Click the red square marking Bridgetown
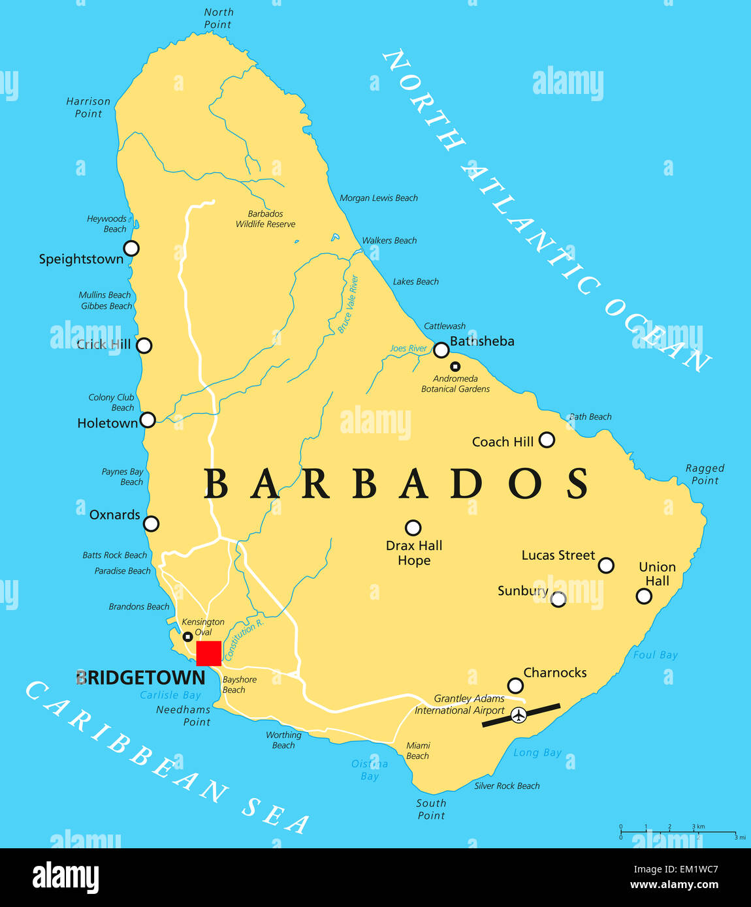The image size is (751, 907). point(209,653)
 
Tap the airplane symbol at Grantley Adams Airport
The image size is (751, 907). point(519,715)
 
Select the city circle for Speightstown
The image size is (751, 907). point(131,248)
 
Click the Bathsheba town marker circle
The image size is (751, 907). point(441,350)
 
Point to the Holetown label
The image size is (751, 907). point(108,423)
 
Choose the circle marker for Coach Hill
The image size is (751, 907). point(547,440)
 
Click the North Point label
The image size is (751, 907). point(218,18)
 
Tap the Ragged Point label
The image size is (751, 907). point(705,474)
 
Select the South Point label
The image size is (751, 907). point(431,809)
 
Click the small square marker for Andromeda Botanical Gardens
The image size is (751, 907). point(455,367)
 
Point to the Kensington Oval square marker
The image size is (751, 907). point(187,637)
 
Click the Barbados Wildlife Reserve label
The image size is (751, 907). point(265,219)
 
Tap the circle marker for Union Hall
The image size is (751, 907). point(644,596)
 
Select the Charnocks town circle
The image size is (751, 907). point(515,685)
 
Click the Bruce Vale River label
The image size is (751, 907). point(348,304)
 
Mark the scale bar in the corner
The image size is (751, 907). point(679,832)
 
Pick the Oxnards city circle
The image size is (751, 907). point(151,523)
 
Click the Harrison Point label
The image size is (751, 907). point(88,108)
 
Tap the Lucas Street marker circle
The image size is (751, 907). point(606,565)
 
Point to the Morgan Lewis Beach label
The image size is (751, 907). point(379,198)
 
